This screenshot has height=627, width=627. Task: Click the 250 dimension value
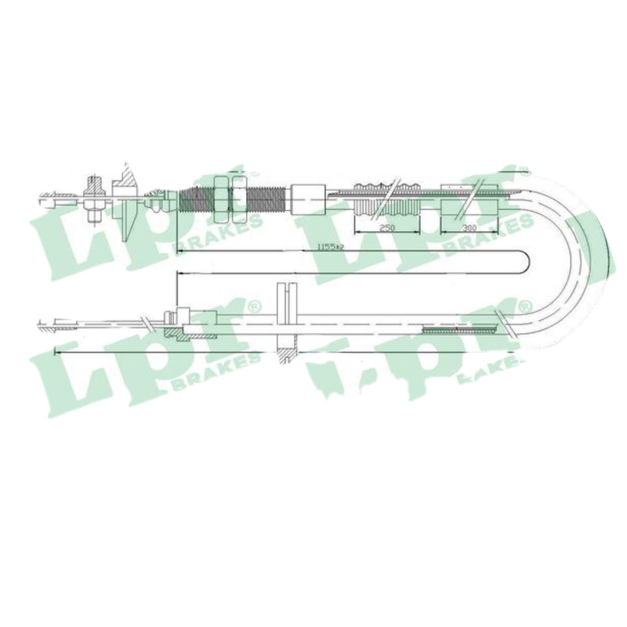click(386, 227)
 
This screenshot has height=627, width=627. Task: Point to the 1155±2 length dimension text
click(330, 246)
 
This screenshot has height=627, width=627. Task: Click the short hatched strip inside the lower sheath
click(458, 331)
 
